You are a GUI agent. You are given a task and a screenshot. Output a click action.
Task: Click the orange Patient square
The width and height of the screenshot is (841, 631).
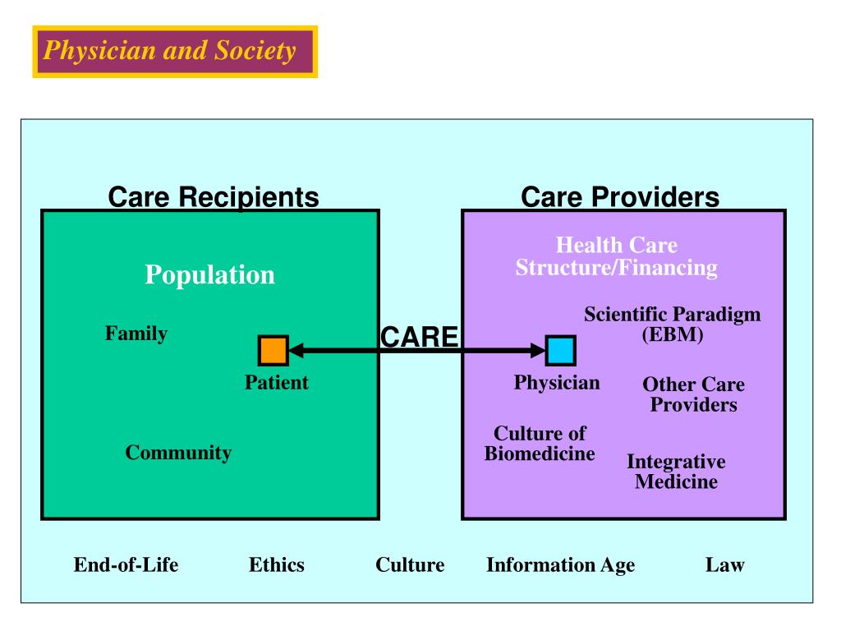[273, 350]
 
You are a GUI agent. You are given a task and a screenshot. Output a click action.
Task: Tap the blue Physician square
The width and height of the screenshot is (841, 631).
[561, 350]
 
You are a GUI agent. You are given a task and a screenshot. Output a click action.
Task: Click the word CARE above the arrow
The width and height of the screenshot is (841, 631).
[420, 337]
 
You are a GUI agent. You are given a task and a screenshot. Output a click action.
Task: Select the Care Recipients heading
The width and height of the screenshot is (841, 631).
[214, 196]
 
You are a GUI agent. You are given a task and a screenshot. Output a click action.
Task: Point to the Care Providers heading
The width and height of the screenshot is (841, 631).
[620, 196]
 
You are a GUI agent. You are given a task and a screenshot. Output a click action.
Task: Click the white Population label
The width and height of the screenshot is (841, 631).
[209, 274]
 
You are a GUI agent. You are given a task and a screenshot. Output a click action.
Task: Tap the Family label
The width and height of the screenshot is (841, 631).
[136, 334]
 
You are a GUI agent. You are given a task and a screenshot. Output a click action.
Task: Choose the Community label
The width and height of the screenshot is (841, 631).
[178, 453]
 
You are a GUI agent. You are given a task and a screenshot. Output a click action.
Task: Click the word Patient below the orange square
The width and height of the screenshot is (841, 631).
[277, 383]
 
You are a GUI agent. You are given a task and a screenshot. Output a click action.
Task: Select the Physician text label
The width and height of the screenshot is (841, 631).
[557, 383]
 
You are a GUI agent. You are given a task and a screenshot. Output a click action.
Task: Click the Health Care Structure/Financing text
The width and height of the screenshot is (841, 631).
[616, 256]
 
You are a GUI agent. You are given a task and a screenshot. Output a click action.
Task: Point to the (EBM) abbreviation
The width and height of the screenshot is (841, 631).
[673, 334]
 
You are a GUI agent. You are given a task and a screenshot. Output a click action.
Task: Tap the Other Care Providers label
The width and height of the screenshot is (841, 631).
[693, 394]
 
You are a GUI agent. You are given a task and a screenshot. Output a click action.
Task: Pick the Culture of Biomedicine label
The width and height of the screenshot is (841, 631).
[540, 443]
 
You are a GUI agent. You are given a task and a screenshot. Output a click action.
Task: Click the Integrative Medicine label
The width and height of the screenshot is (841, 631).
[677, 471]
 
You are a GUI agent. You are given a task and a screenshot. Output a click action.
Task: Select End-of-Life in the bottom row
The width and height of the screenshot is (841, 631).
[126, 564]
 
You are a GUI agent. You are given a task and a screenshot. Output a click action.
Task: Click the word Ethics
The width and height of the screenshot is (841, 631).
[277, 564]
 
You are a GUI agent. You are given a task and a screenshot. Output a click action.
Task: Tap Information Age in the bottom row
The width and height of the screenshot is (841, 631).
[560, 565]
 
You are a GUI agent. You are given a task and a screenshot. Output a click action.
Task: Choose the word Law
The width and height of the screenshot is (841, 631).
[724, 564]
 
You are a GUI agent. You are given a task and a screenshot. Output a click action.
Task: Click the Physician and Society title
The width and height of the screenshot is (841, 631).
[169, 51]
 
